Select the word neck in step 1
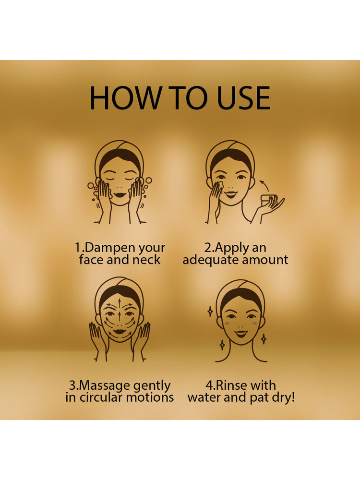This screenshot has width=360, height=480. [146, 260]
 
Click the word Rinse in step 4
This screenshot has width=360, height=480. [231, 385]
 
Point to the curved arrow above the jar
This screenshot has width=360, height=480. [265, 185]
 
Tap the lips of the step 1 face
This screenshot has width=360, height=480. [119, 194]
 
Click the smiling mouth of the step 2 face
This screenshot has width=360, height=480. [230, 194]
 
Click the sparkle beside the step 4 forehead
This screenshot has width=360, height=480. [210, 312]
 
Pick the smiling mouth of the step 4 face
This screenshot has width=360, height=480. [241, 334]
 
